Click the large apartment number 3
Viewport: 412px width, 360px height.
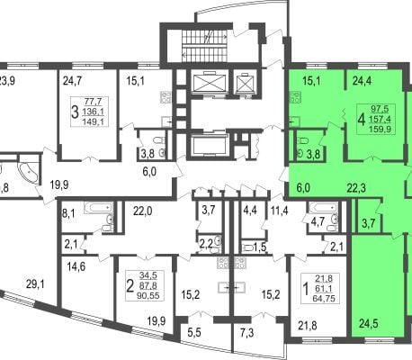(75, 112)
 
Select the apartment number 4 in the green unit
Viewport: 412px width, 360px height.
(362, 120)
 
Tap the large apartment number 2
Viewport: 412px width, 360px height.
(130, 286)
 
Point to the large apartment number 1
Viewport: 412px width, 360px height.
(306, 290)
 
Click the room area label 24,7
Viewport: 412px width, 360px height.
(72, 81)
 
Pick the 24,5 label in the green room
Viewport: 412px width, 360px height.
(369, 324)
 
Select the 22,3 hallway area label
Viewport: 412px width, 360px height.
(356, 188)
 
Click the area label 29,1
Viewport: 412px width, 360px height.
(35, 283)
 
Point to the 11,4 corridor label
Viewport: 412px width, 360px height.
(280, 211)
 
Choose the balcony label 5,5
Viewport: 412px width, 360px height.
(193, 332)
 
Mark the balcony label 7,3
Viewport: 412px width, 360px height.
(246, 332)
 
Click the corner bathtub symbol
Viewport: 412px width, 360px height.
(29, 174)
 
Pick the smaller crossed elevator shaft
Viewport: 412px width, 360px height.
(245, 82)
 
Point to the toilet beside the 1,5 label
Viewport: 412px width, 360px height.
(247, 247)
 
